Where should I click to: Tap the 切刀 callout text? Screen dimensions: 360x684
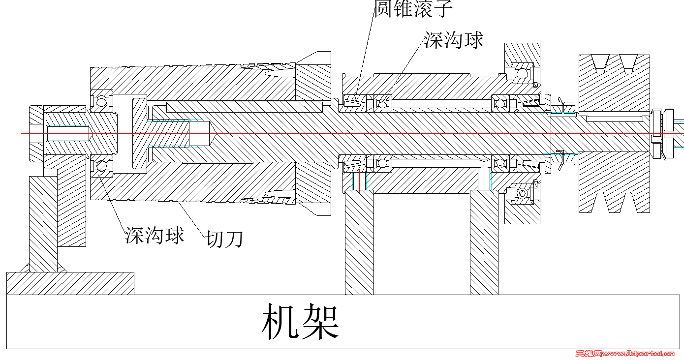tap(224, 240)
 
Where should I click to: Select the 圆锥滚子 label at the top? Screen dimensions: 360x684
tap(413, 9)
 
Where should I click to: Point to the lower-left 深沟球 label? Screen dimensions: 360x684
tap(155, 235)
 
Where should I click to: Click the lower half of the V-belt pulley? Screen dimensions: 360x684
tap(614, 182)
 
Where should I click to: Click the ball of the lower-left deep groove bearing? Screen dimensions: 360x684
tap(101, 166)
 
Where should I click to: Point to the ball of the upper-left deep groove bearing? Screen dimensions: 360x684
tap(101, 101)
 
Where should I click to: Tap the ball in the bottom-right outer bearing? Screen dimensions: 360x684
tap(522, 194)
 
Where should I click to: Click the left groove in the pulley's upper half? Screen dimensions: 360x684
tap(600, 64)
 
